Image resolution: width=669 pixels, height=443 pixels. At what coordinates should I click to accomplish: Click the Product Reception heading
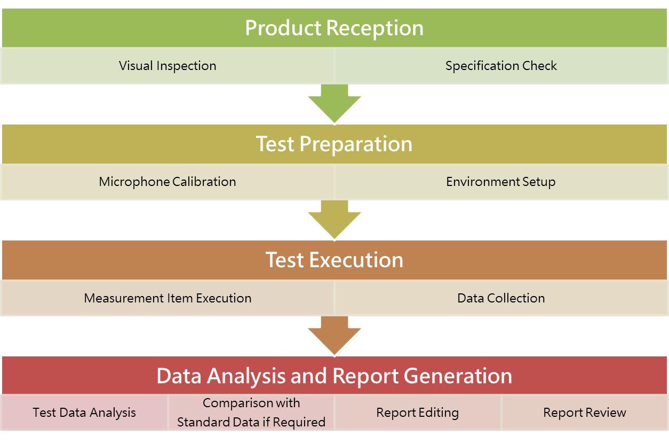pos(334,28)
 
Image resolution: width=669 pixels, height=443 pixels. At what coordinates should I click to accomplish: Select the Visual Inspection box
pos(168,66)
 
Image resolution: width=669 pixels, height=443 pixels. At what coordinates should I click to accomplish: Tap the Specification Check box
pos(501,66)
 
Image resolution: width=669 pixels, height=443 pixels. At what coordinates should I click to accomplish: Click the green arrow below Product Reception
pos(334,104)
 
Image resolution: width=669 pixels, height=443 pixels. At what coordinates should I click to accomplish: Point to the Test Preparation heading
pos(334,144)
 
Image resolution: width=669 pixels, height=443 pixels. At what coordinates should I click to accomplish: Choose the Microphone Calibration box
pos(168,182)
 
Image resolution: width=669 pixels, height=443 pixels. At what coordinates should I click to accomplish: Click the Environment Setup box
pos(501,182)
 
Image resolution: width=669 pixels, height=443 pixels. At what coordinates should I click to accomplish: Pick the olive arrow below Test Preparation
pos(334,220)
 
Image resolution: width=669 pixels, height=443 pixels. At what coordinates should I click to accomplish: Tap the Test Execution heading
pos(334,260)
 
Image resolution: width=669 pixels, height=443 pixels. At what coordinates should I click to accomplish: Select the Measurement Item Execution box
pos(168,298)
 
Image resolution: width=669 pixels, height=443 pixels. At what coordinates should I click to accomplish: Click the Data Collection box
pos(501,298)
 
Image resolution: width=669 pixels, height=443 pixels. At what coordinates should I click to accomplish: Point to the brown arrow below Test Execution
pos(334,336)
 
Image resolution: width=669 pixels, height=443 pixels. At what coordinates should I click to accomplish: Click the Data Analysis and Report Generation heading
pos(334,375)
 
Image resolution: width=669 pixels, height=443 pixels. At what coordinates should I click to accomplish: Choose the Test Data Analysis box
pos(84,412)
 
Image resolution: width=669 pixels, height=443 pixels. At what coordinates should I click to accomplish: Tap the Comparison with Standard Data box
pos(251,412)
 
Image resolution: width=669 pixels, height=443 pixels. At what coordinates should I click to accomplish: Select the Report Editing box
pos(418,412)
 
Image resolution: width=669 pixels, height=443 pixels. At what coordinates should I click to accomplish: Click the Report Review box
pos(585,412)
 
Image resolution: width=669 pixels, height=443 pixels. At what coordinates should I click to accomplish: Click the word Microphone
pos(134,182)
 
